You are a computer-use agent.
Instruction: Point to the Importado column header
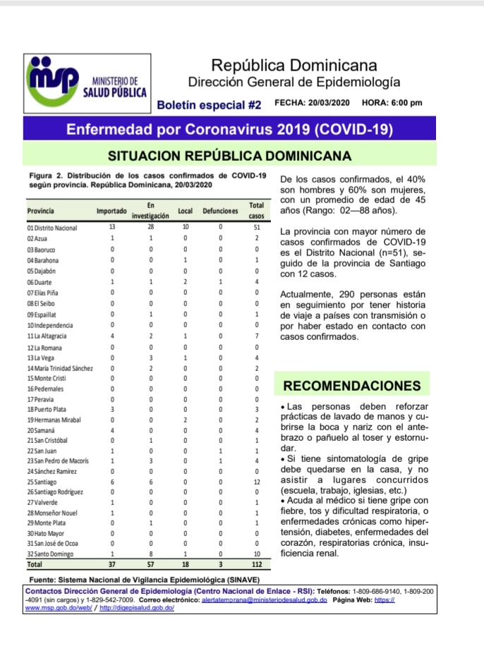[x=111, y=211]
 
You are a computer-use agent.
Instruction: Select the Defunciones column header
[x=221, y=211]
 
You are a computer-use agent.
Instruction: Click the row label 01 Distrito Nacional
[x=52, y=229]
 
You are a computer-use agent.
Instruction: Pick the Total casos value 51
[x=257, y=229]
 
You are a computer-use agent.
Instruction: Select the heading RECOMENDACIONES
[x=351, y=386]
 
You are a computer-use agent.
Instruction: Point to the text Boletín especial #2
[x=209, y=105]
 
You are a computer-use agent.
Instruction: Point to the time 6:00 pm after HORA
[x=406, y=103]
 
